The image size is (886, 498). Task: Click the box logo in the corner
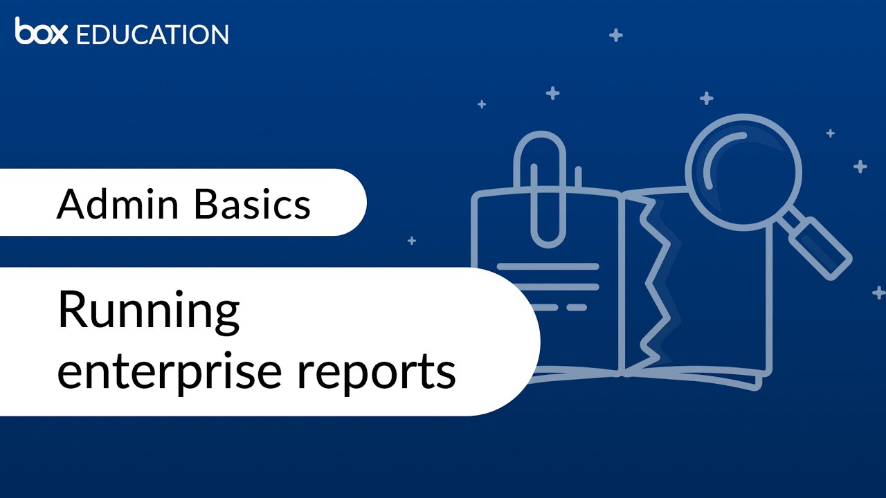click(41, 32)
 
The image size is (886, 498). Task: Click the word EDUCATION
click(152, 35)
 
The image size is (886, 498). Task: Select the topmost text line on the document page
click(548, 266)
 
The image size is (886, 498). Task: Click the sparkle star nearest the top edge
click(615, 35)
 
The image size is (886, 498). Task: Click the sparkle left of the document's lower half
click(412, 241)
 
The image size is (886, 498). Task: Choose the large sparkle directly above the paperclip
click(552, 93)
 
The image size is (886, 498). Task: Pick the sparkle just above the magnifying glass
click(706, 98)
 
